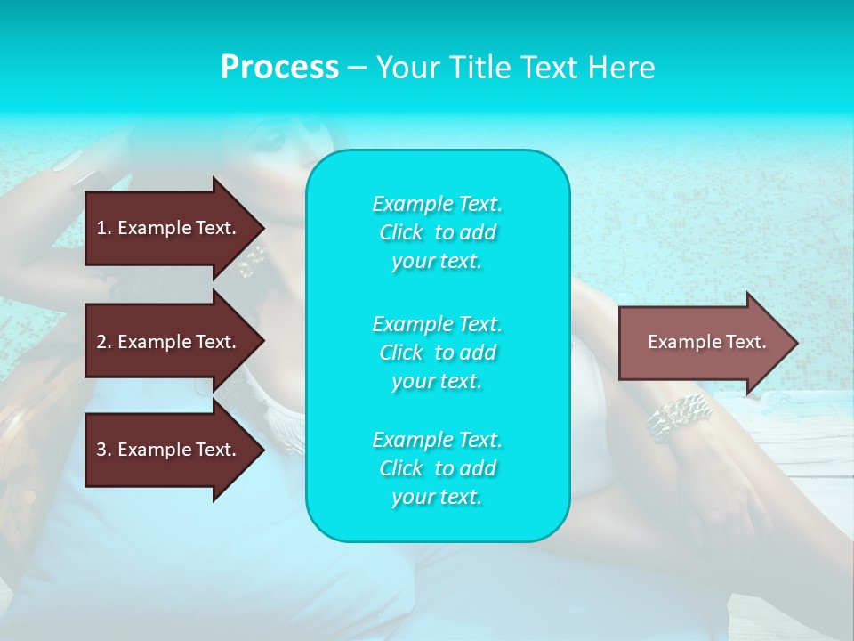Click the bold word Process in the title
(x=279, y=68)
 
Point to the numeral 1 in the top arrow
(x=101, y=228)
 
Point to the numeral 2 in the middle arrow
(x=101, y=342)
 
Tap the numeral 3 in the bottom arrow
(x=101, y=450)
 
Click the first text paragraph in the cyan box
(x=437, y=232)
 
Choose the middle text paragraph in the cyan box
(x=437, y=352)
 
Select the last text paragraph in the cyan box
(x=437, y=468)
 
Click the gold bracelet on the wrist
(x=678, y=417)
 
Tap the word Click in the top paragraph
(x=401, y=232)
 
